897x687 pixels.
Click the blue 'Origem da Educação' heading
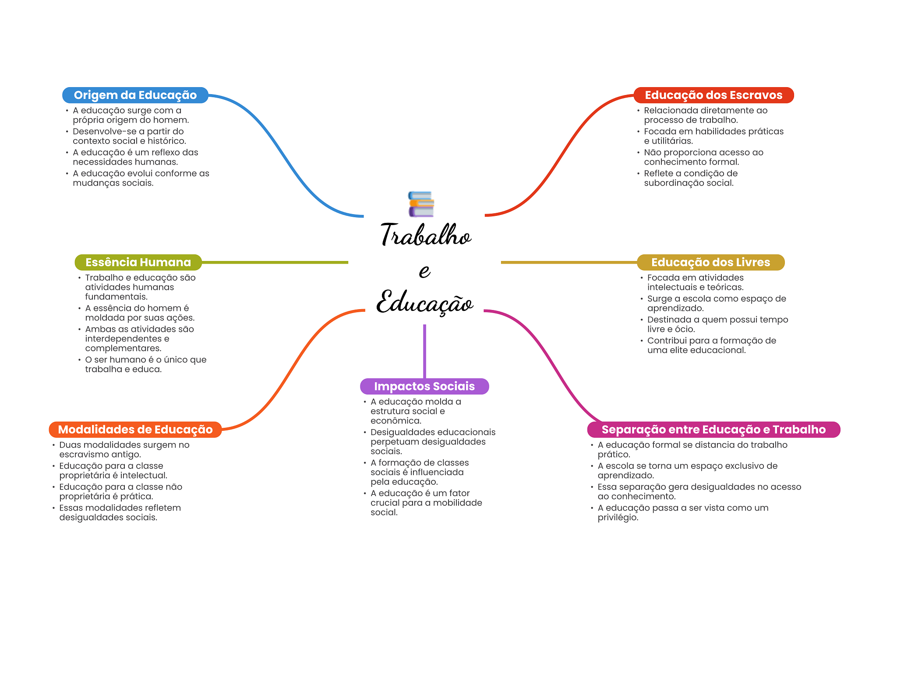(135, 95)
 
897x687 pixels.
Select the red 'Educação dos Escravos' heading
(713, 95)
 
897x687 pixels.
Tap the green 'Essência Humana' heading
(138, 262)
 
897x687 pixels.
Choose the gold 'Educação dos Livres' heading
(710, 262)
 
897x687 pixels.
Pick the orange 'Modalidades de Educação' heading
(135, 430)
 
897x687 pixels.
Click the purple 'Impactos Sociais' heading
(424, 386)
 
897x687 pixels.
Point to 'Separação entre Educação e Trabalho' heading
(713, 430)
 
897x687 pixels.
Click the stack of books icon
(421, 204)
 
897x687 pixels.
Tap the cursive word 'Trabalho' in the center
(425, 235)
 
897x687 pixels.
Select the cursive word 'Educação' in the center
(425, 303)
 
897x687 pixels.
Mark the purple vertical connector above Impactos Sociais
(424, 350)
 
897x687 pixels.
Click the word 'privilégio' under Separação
(618, 518)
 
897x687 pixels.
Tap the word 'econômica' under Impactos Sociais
(396, 421)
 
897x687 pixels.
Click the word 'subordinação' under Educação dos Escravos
(670, 183)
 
